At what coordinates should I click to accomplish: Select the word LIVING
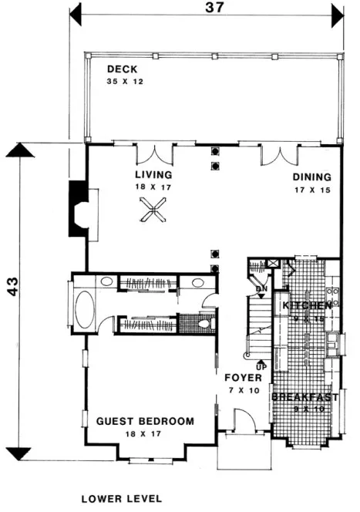[153, 175]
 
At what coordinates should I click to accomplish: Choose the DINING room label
[311, 177]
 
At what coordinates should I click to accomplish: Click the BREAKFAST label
[305, 397]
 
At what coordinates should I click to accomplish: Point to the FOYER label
[243, 379]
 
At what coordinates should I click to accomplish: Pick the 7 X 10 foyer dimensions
[243, 392]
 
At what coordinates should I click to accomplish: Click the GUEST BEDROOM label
[145, 421]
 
